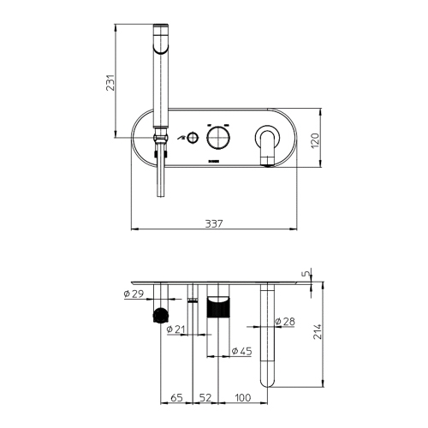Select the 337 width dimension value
tap(214, 223)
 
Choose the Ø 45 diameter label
tap(241, 351)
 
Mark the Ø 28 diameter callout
tap(287, 322)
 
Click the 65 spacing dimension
tap(176, 398)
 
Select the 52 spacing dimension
tap(205, 398)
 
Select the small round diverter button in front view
tap(195, 138)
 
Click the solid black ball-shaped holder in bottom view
tap(158, 316)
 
